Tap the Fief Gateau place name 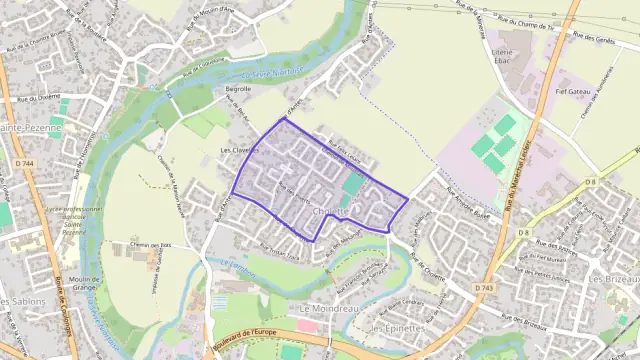click(x=572, y=92)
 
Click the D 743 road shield click(x=485, y=288)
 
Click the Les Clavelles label click(x=238, y=151)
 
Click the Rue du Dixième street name click(x=37, y=99)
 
